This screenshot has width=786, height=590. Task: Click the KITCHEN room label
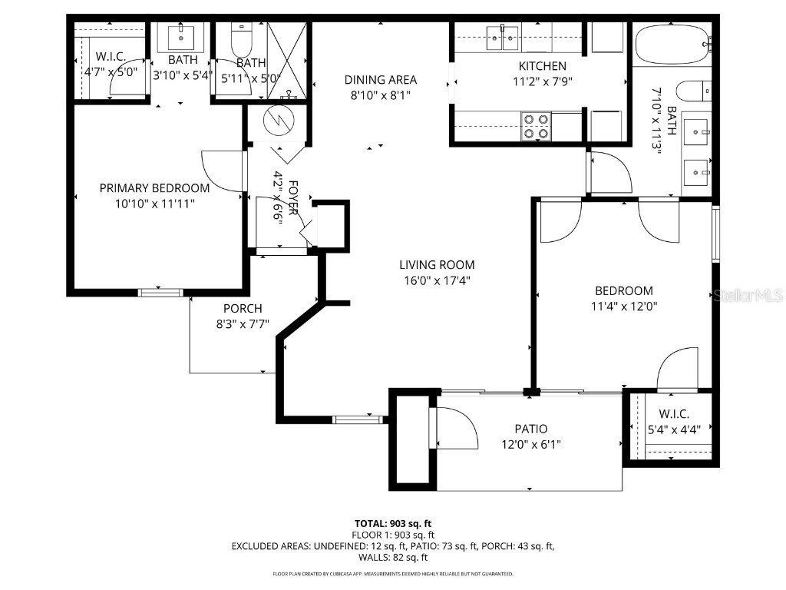click(542, 66)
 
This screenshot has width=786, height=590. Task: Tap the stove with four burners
click(536, 126)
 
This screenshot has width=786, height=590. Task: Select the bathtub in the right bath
click(673, 45)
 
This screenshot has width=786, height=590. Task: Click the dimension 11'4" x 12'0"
click(623, 305)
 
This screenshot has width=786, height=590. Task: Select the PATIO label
click(530, 429)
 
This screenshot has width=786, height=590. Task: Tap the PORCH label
click(243, 309)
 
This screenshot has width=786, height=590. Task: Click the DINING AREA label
click(380, 80)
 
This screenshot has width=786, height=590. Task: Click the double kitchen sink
click(502, 35)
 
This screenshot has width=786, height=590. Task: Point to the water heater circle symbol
click(275, 119)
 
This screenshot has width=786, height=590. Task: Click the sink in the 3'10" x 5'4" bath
click(184, 36)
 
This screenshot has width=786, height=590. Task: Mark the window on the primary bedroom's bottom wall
click(160, 292)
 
